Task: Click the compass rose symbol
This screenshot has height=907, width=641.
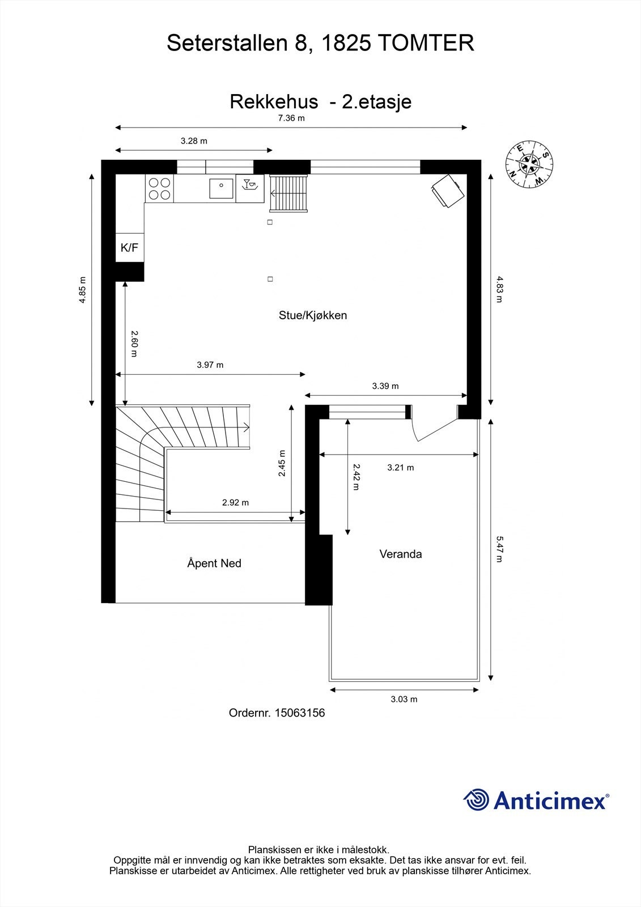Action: (x=529, y=164)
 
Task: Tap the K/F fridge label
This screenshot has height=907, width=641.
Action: (x=130, y=247)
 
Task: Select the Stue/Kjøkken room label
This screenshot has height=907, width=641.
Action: (x=313, y=315)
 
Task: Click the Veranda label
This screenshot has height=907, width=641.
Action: (x=401, y=554)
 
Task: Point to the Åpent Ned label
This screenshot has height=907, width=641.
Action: (x=214, y=563)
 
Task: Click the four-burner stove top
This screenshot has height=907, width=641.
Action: (x=159, y=188)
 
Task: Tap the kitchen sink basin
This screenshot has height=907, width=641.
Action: (x=221, y=189)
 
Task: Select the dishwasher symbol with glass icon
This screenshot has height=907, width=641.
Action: (x=250, y=188)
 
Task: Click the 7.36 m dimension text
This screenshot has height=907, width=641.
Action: (x=291, y=118)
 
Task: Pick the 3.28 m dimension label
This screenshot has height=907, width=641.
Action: (x=194, y=141)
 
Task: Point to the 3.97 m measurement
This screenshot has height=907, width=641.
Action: (x=210, y=365)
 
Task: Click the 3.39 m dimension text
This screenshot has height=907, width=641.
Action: (x=385, y=386)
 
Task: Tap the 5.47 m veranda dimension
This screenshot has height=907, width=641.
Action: (x=499, y=549)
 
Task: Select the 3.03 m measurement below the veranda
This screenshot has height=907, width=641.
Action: (x=404, y=699)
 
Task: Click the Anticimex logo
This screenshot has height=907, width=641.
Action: (x=536, y=799)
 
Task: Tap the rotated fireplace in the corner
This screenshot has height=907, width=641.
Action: (x=447, y=190)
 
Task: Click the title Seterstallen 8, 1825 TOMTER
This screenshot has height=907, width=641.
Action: (x=320, y=43)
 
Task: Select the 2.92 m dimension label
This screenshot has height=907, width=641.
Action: (x=235, y=502)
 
